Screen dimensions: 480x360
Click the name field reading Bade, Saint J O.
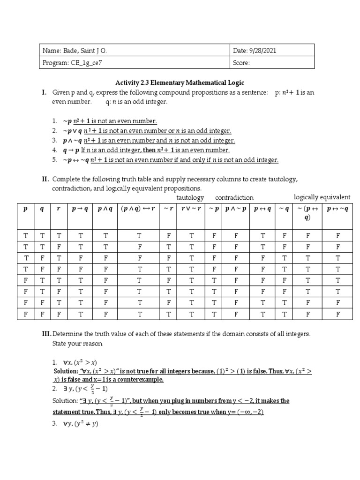click(78, 50)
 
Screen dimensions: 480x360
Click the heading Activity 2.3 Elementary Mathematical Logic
click(180, 82)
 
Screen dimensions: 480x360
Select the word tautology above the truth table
click(190, 198)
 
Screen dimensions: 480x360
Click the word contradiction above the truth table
click(234, 198)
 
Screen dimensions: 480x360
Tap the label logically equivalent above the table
click(322, 197)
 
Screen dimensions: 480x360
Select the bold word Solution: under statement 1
click(66, 371)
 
